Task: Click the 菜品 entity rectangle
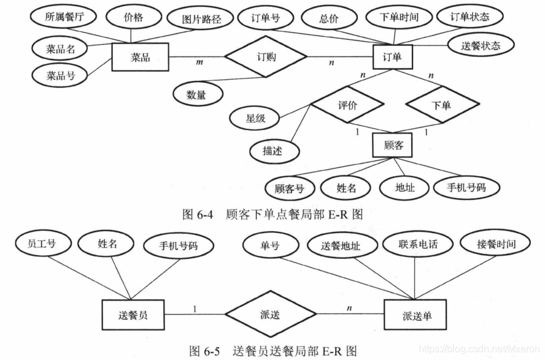[x=141, y=58]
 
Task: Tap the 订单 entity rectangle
[x=393, y=58]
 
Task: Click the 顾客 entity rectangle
[x=392, y=146]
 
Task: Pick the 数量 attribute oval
[x=197, y=94]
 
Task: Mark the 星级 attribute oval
[x=255, y=118]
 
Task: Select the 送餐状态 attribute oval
[x=481, y=45]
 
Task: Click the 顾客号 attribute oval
[x=290, y=188]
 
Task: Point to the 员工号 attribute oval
[x=42, y=243]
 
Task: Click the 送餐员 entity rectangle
[x=133, y=315]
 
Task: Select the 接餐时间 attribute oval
[x=495, y=243]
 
